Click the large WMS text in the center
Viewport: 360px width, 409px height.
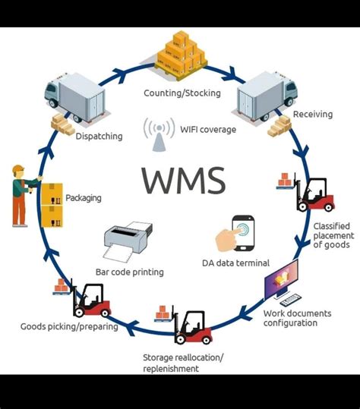coord(182,181)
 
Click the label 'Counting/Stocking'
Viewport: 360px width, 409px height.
coord(182,93)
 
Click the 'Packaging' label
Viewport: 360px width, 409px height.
coord(84,198)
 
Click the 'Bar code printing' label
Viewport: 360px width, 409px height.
coord(129,272)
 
